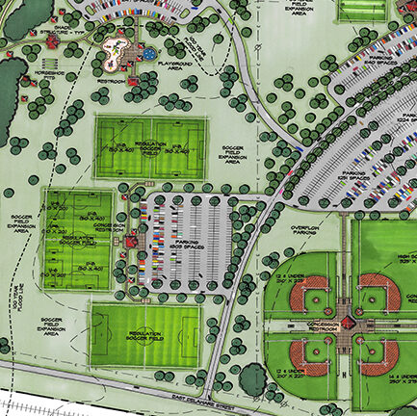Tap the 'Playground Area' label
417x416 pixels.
pos(180,66)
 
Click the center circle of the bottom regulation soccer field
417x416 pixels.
pos(145,334)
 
